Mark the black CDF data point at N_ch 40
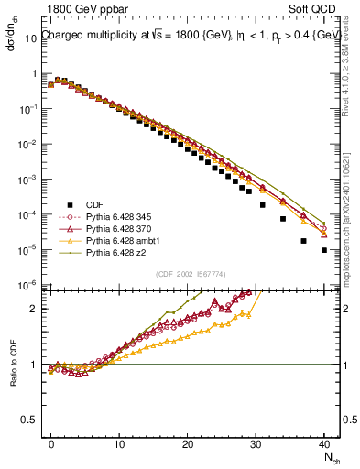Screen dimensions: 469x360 click(324, 249)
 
